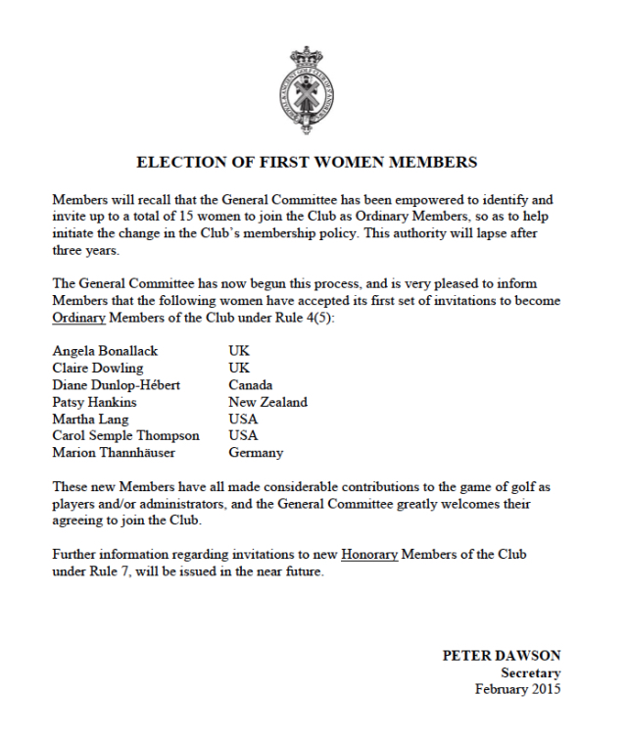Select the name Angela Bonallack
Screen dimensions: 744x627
click(x=105, y=350)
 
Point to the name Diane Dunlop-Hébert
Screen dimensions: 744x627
click(x=116, y=384)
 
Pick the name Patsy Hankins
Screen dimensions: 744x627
click(x=94, y=402)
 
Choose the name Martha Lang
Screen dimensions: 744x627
click(x=91, y=419)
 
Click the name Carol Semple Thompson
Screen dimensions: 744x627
click(x=125, y=435)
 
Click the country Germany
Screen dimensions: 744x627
click(x=256, y=453)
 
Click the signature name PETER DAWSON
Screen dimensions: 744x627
click(x=502, y=656)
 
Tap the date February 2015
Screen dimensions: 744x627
click(x=518, y=689)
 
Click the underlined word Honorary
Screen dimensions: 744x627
click(x=369, y=555)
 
